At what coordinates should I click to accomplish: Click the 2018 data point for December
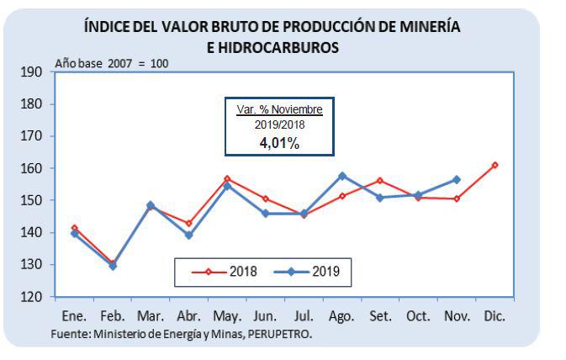(495, 165)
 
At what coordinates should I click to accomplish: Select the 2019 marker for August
(341, 176)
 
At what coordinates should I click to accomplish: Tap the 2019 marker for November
(457, 179)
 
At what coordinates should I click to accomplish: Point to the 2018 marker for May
(227, 179)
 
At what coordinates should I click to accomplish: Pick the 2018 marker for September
(380, 181)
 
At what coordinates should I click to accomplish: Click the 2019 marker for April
(189, 235)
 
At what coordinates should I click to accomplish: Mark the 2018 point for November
(457, 199)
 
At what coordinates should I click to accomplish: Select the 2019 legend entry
(311, 272)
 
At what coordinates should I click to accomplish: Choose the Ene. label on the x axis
(74, 316)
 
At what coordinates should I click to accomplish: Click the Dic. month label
(495, 316)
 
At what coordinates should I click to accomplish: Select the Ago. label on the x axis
(341, 316)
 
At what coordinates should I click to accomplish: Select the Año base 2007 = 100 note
(111, 63)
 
